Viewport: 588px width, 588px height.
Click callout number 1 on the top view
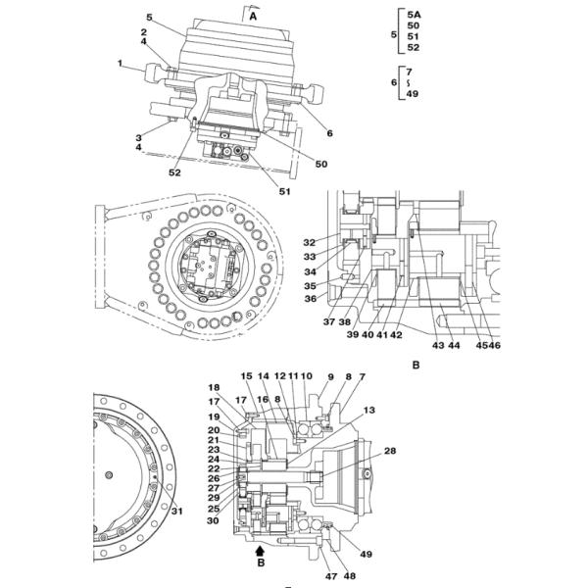click(x=122, y=64)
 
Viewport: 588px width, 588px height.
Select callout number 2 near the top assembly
click(x=143, y=32)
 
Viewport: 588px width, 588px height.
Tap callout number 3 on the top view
click(x=140, y=138)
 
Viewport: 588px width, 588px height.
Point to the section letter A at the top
click(x=253, y=17)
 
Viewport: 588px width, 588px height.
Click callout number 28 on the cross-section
click(x=390, y=451)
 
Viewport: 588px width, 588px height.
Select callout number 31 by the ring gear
click(x=176, y=511)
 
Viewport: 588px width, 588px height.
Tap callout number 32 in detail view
click(x=309, y=242)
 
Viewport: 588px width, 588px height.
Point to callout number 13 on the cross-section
click(x=369, y=410)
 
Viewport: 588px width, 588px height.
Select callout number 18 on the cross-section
click(x=214, y=388)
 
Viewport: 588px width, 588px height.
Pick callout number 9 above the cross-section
click(x=330, y=376)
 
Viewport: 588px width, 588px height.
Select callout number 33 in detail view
click(x=309, y=257)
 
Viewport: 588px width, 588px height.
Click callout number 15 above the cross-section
click(x=247, y=376)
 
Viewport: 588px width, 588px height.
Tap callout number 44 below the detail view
click(x=454, y=346)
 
